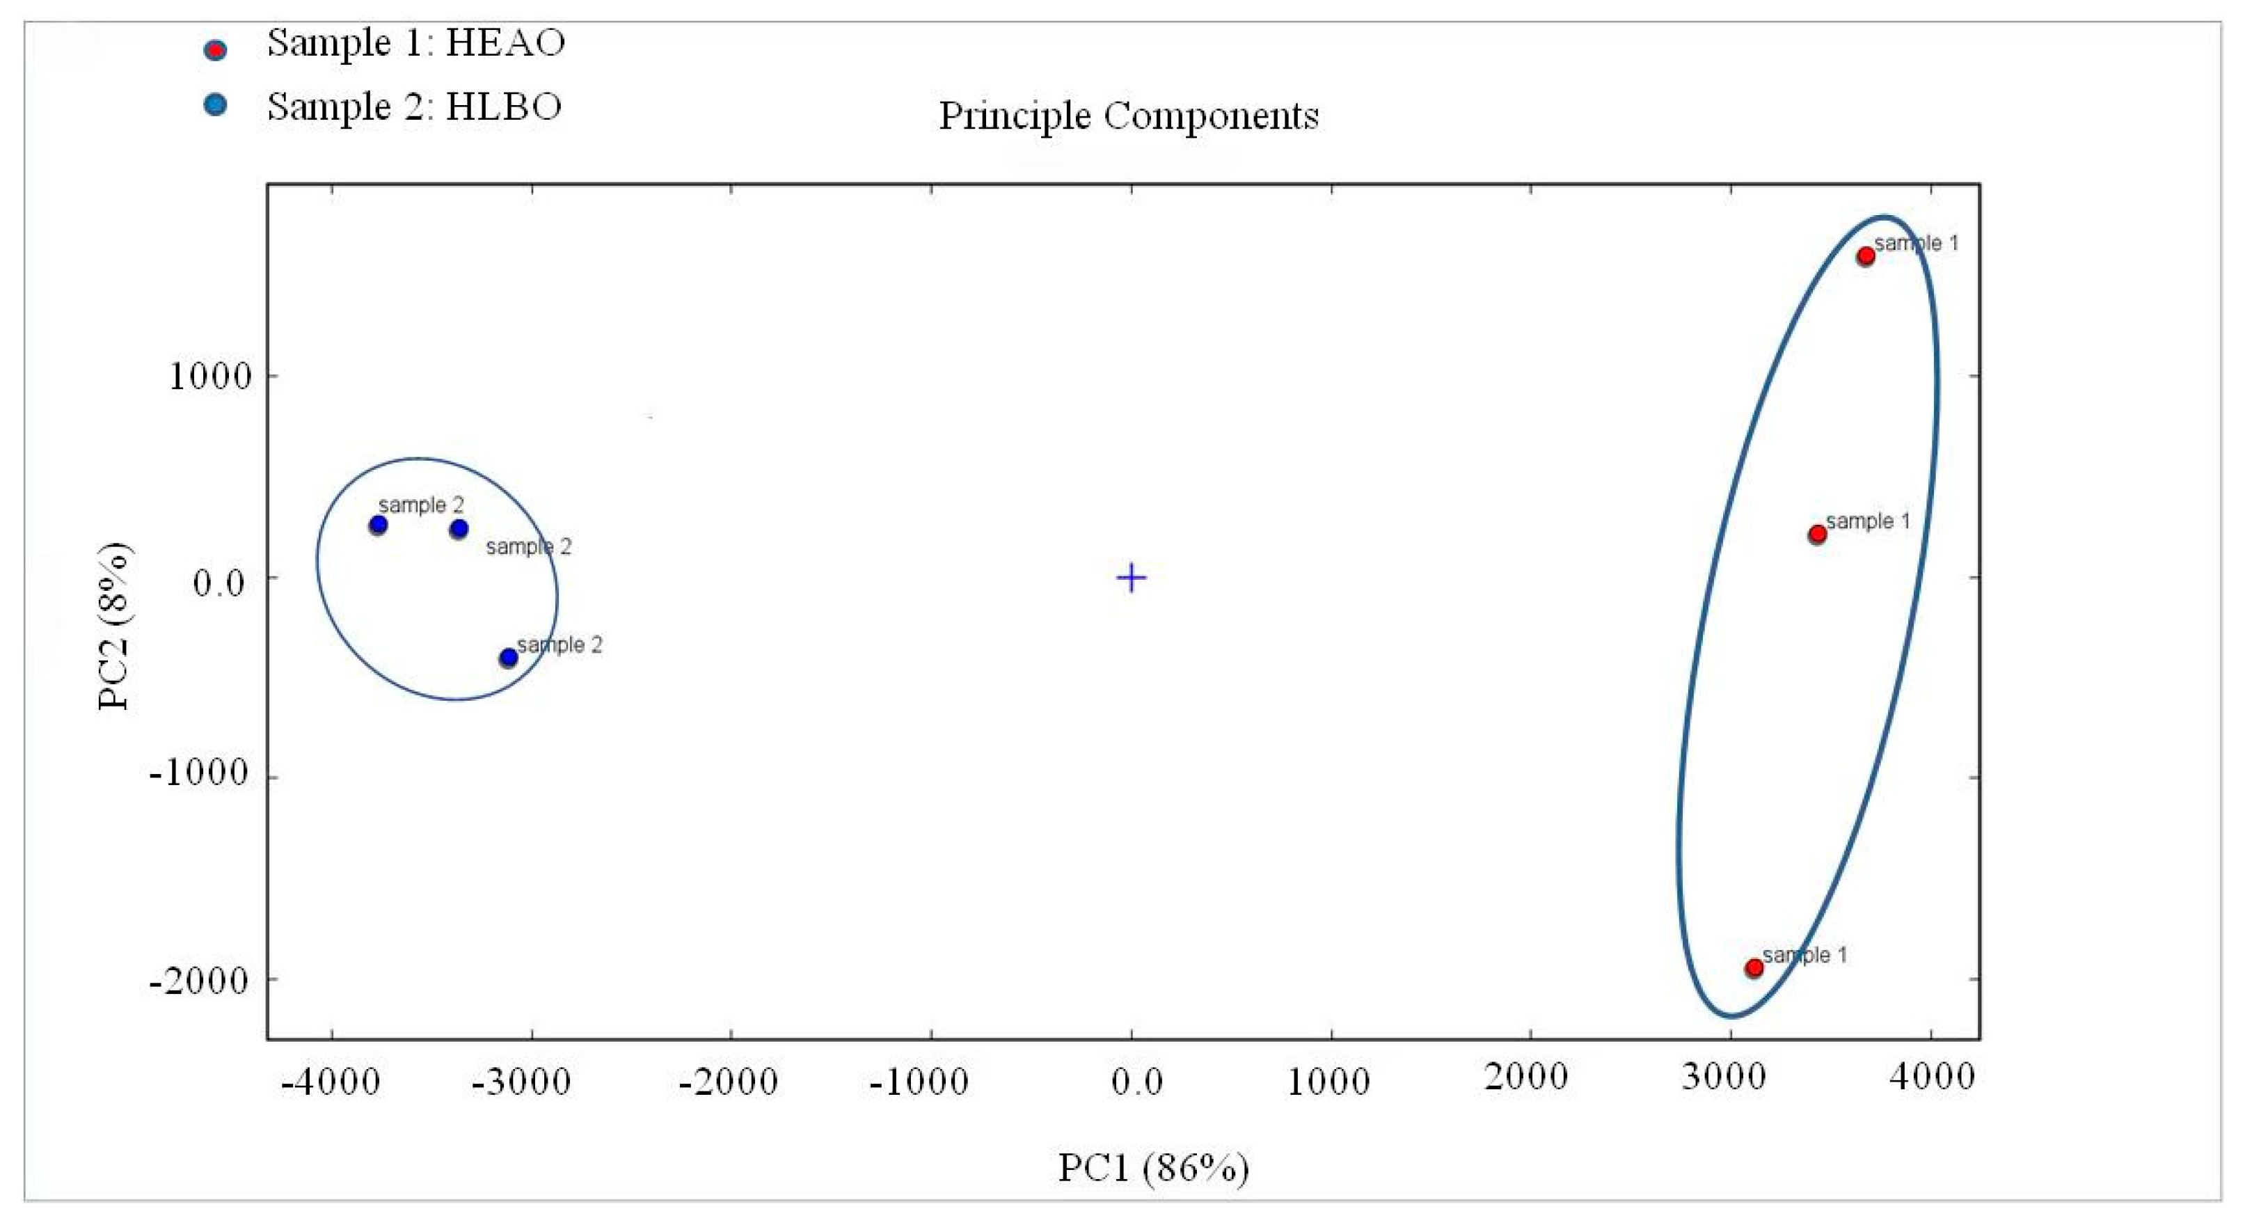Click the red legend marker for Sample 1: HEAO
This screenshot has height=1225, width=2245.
pyautogui.click(x=214, y=49)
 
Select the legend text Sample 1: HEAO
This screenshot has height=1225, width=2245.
pyautogui.click(x=415, y=42)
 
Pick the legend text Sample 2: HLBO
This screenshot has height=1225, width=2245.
pyautogui.click(x=414, y=106)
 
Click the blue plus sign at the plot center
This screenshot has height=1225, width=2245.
pyautogui.click(x=1132, y=577)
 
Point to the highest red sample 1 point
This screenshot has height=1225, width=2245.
pyautogui.click(x=1865, y=256)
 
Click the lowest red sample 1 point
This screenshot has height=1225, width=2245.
pyautogui.click(x=1754, y=967)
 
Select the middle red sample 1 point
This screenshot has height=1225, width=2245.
pyautogui.click(x=1817, y=534)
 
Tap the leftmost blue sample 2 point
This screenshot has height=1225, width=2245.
pyautogui.click(x=377, y=525)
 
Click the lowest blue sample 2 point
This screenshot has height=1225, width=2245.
pyautogui.click(x=508, y=658)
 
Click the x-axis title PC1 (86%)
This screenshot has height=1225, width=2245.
pyautogui.click(x=1153, y=1167)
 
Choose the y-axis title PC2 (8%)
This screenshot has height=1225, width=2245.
pyautogui.click(x=114, y=626)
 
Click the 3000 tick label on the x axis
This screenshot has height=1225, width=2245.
pyautogui.click(x=1723, y=1077)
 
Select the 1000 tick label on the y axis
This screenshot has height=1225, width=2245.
pyautogui.click(x=209, y=377)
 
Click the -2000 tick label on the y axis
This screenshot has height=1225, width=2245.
pyautogui.click(x=199, y=981)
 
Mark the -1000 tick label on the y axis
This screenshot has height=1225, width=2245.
pyautogui.click(x=199, y=773)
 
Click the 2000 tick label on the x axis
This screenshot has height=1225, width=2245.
pyautogui.click(x=1526, y=1077)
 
